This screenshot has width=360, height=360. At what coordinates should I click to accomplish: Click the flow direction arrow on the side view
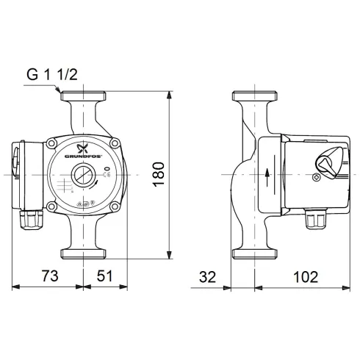[x=267, y=176]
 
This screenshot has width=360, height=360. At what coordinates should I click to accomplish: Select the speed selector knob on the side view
[x=328, y=161]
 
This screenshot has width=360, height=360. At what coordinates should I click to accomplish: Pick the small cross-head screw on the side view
[x=317, y=176]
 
